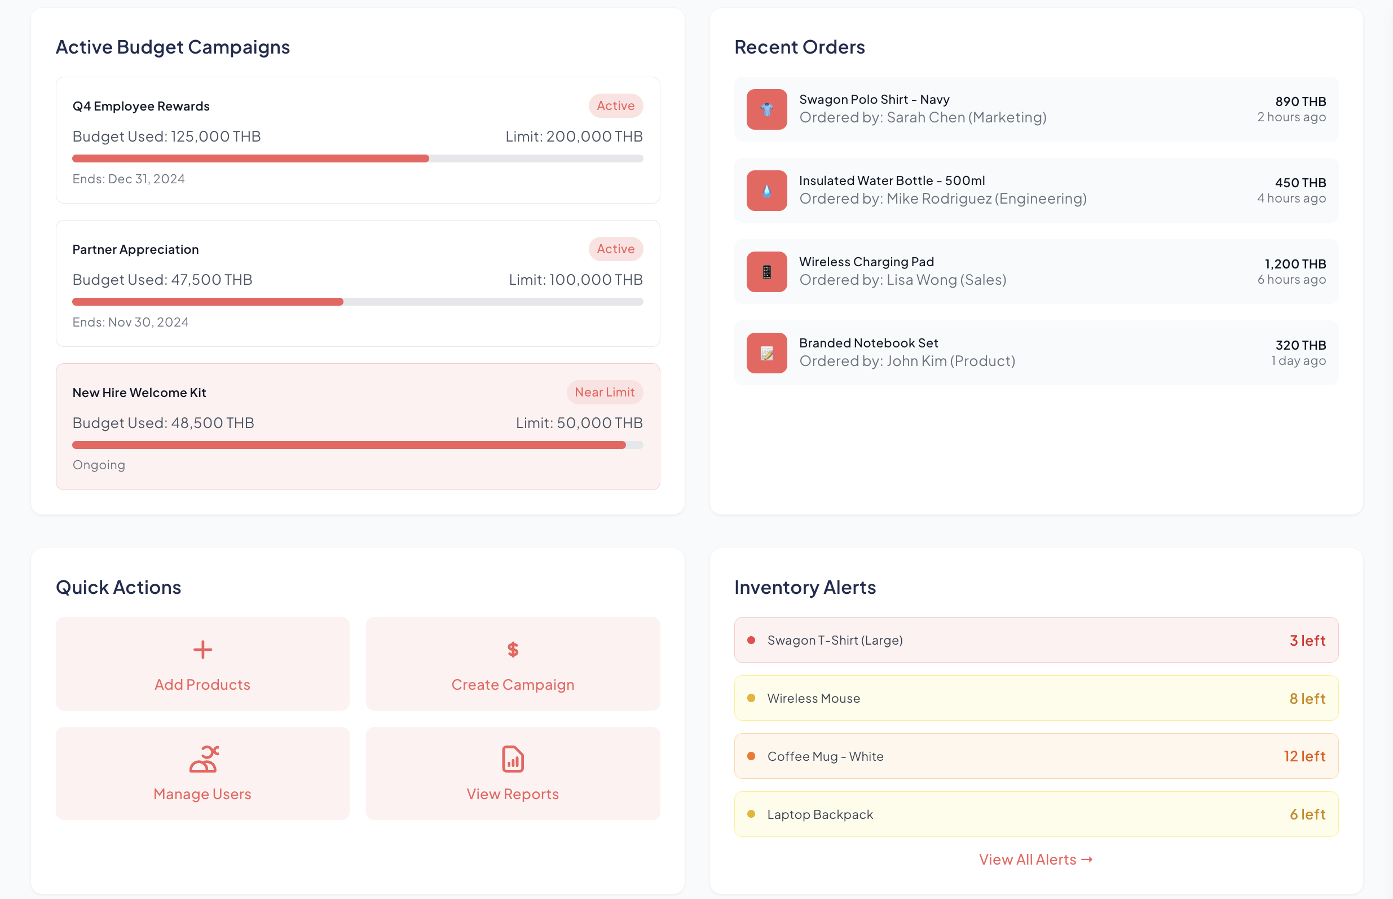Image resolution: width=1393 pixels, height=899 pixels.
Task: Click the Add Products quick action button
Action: pyautogui.click(x=202, y=664)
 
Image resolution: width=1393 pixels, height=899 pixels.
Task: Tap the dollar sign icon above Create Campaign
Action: pyautogui.click(x=513, y=649)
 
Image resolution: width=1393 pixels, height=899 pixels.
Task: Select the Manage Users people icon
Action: pyautogui.click(x=204, y=759)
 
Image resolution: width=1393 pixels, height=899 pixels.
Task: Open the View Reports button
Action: pyautogui.click(x=513, y=773)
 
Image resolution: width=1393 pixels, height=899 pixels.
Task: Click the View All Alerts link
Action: pyautogui.click(x=1035, y=860)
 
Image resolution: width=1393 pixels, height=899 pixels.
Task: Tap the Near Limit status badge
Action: pyautogui.click(x=604, y=393)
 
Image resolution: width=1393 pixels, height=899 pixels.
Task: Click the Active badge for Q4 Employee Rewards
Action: pyautogui.click(x=615, y=105)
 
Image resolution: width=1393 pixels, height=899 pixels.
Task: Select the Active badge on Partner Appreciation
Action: pyautogui.click(x=615, y=249)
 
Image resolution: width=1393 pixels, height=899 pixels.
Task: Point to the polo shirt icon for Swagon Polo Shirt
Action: pyautogui.click(x=766, y=109)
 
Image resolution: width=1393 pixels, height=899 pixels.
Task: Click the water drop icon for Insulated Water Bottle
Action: pyautogui.click(x=766, y=190)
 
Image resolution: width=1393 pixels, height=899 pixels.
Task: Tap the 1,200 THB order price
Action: pyautogui.click(x=1295, y=264)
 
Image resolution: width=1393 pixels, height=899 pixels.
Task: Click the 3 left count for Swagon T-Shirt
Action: pyautogui.click(x=1307, y=640)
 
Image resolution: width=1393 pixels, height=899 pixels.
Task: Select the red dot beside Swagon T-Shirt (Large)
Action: pyautogui.click(x=751, y=640)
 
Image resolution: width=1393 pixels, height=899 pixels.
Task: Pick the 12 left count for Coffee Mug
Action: pyautogui.click(x=1304, y=756)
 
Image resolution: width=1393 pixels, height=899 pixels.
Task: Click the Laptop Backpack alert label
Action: pyautogui.click(x=819, y=814)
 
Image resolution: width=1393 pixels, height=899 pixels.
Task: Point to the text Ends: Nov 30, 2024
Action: pyautogui.click(x=130, y=322)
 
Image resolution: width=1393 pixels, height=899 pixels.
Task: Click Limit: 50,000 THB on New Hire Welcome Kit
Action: pyautogui.click(x=579, y=422)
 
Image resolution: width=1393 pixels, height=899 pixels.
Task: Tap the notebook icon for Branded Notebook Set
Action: pyautogui.click(x=766, y=353)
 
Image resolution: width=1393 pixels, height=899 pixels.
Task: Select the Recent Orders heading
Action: pyautogui.click(x=799, y=47)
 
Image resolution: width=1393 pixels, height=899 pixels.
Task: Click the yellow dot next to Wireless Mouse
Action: pyautogui.click(x=751, y=698)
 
